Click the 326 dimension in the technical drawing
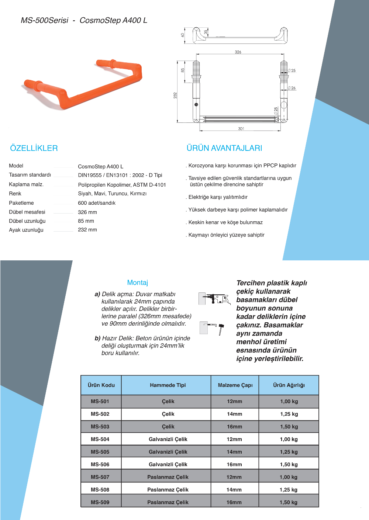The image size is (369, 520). pyautogui.click(x=238, y=52)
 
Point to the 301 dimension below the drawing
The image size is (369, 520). pyautogui.click(x=241, y=129)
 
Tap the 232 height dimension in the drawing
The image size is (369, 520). pyautogui.click(x=175, y=95)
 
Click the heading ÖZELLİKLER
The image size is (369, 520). pyautogui.click(x=34, y=148)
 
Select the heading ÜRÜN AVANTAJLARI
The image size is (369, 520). pyautogui.click(x=224, y=148)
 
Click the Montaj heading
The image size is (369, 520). pyautogui.click(x=138, y=282)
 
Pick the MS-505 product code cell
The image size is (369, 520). pyautogui.click(x=100, y=452)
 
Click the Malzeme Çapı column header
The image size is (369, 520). pyautogui.click(x=235, y=385)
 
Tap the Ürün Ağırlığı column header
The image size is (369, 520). pyautogui.click(x=289, y=385)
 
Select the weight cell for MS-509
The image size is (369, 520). pyautogui.click(x=289, y=502)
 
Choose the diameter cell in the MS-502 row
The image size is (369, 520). pyautogui.click(x=235, y=414)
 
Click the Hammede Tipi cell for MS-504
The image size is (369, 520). pyautogui.click(x=168, y=439)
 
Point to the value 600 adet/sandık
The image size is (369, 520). pyautogui.click(x=97, y=203)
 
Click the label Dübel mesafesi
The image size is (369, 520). pyautogui.click(x=27, y=212)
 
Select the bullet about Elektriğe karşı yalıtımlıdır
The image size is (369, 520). pyautogui.click(x=218, y=197)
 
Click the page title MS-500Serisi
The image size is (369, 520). pyautogui.click(x=45, y=21)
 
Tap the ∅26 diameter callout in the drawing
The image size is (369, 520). pyautogui.click(x=292, y=88)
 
